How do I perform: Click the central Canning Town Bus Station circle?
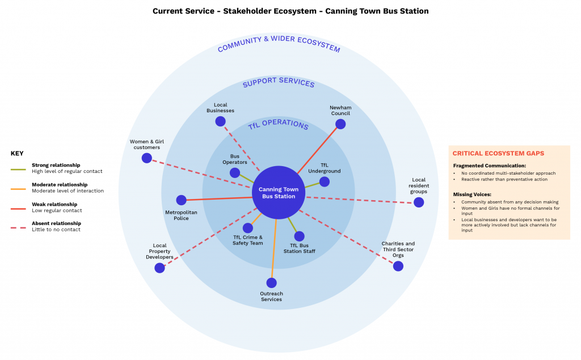click(278, 192)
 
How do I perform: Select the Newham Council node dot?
click(340, 124)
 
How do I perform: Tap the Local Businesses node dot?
click(220, 121)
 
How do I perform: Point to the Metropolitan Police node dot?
click(181, 200)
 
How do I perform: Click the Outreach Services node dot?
click(271, 282)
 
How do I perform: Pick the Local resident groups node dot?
click(419, 202)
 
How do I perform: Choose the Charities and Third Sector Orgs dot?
click(398, 266)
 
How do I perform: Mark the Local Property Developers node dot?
click(159, 268)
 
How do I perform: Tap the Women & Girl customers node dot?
click(146, 158)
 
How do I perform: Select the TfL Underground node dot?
click(324, 181)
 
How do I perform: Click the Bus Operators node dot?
click(235, 173)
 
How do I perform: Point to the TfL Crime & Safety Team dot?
click(248, 228)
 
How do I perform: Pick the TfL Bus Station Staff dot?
click(299, 236)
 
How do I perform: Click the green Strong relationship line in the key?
click(18, 168)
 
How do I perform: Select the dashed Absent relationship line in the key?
click(18, 227)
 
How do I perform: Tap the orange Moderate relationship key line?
click(18, 188)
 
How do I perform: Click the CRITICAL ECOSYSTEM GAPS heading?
click(498, 154)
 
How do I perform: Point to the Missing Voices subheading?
click(472, 194)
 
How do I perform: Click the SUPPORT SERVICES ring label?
click(279, 83)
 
